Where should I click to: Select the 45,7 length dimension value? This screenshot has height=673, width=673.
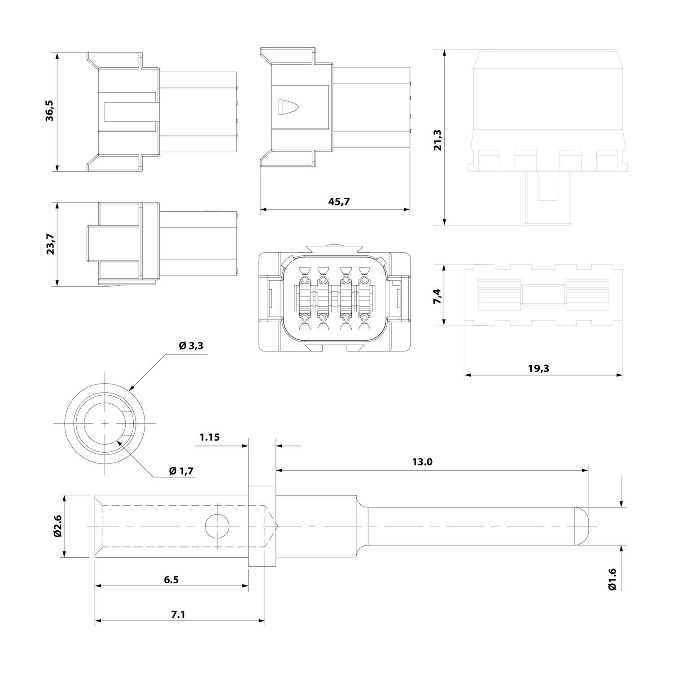(x=339, y=201)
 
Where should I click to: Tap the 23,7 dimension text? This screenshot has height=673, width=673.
(x=50, y=244)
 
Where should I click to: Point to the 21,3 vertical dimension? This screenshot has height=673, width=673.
(x=437, y=140)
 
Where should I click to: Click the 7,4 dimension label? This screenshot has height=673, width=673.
(x=437, y=296)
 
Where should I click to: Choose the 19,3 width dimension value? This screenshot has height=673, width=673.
(x=538, y=368)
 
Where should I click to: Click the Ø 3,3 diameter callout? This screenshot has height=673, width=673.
(x=191, y=346)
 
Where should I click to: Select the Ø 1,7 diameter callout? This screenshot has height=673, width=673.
(x=181, y=471)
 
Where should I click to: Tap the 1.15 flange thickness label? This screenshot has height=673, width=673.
(x=210, y=437)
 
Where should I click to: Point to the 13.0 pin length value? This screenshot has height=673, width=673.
(x=422, y=462)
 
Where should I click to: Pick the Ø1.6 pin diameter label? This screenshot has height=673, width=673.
(x=613, y=579)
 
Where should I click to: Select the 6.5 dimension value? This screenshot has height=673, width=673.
(x=171, y=579)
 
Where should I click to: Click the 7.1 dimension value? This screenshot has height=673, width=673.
(x=178, y=614)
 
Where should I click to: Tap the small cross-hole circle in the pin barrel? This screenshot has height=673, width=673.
(x=217, y=525)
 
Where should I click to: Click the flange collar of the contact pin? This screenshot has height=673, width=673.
(x=262, y=525)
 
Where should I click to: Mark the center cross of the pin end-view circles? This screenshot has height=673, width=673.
(x=105, y=423)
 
